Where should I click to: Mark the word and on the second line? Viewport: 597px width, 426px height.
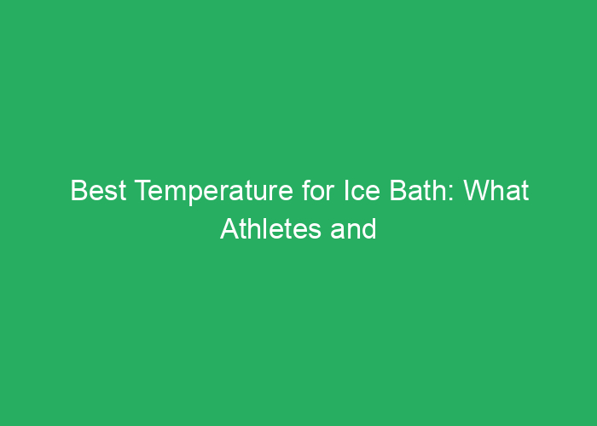point(351,229)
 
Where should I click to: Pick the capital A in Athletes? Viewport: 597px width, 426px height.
point(229,229)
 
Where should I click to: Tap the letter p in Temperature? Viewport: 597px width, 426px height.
point(182,195)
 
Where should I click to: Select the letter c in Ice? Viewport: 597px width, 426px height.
point(333,195)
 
